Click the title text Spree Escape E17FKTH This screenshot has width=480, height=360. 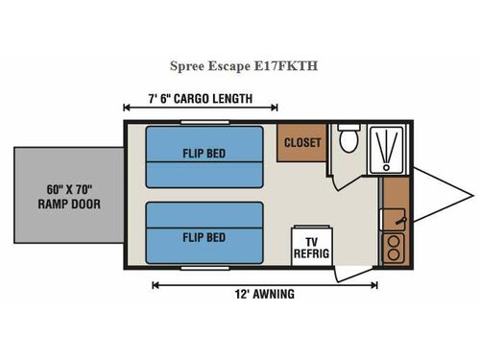(240, 67)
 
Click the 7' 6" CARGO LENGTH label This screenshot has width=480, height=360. (201, 97)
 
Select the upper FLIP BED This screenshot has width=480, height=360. (204, 156)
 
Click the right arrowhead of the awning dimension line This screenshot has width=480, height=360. (373, 283)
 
